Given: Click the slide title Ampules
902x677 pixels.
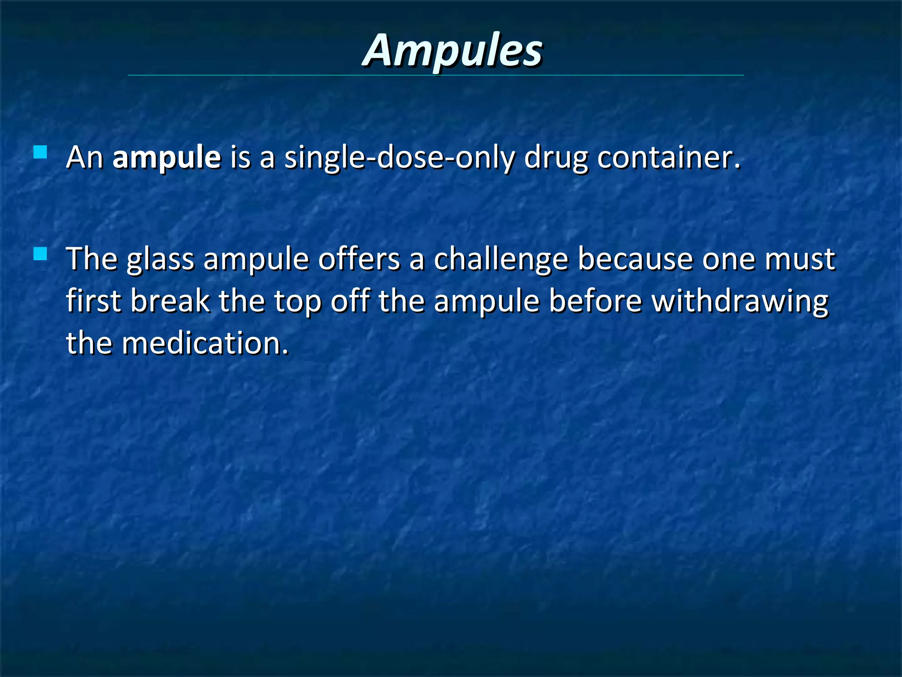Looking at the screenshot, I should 452,51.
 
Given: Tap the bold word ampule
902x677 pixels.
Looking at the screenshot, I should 166,157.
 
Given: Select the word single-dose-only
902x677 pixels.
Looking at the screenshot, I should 399,157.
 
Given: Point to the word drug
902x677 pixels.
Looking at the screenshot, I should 555,157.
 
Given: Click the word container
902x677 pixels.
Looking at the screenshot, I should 669,157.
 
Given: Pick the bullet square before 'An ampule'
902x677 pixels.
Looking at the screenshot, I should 40,152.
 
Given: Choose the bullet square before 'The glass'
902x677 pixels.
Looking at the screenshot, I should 40,254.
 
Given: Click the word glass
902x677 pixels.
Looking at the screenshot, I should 160,259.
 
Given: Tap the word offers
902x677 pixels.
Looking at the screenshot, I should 359,259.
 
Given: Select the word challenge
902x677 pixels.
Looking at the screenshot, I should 501,259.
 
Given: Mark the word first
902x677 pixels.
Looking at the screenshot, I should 93,301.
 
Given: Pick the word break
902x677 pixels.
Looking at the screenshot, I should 170,301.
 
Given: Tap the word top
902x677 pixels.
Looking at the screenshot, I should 297,302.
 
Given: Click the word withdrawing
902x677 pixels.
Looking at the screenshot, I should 740,302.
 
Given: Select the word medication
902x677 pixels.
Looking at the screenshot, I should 205,343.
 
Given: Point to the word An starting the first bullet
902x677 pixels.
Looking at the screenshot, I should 84,157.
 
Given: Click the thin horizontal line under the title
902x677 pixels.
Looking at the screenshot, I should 436,75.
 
